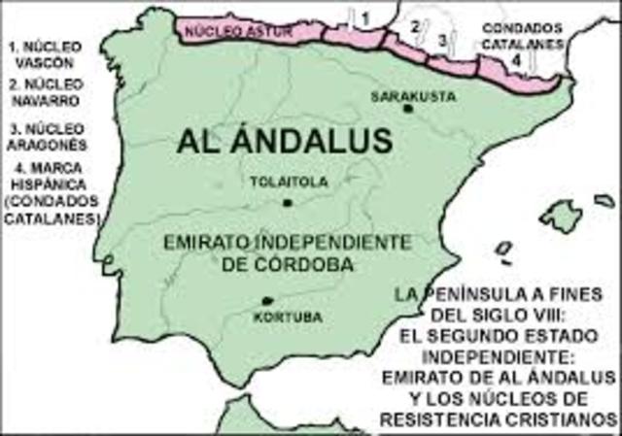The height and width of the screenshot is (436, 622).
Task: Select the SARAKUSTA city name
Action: coord(405,95)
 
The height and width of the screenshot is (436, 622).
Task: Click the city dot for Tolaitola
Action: coord(288,202)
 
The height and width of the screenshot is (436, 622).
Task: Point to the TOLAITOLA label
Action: coord(289,182)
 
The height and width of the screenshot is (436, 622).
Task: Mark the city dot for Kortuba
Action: coord(268,302)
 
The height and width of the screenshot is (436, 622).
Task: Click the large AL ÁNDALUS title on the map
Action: coord(285,142)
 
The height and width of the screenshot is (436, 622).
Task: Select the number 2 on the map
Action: coord(415,26)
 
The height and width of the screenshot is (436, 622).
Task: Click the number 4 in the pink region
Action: coord(517,60)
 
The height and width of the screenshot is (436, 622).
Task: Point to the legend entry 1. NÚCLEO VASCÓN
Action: coord(44,52)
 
